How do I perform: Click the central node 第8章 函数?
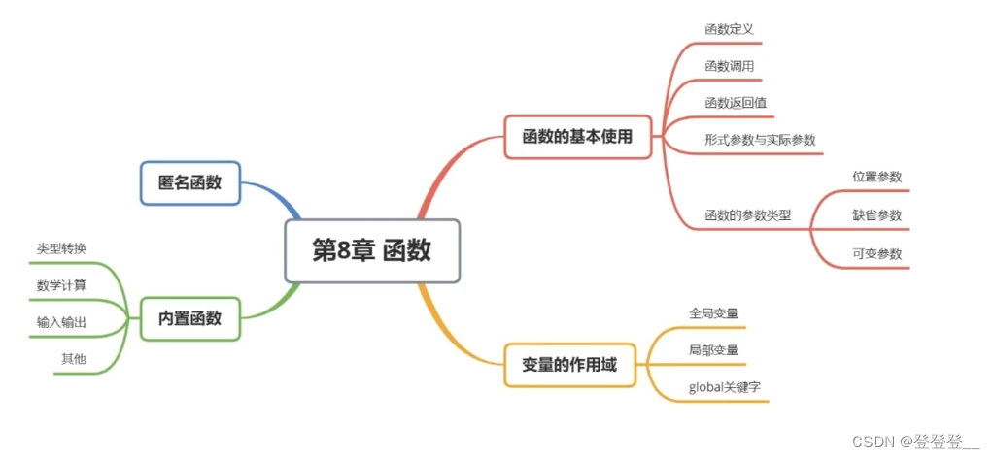click(371, 250)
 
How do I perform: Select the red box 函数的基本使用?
click(577, 137)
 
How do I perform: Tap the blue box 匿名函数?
click(189, 182)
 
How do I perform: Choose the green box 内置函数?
click(189, 317)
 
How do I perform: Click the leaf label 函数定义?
click(729, 28)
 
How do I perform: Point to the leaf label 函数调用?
click(729, 66)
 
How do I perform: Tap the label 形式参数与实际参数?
click(760, 139)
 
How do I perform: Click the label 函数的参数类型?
click(748, 214)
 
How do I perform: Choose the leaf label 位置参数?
click(876, 177)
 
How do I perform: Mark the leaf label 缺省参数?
click(876, 214)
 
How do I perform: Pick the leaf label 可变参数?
click(876, 253)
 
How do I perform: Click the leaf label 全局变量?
click(713, 312)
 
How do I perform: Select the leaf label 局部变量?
click(713, 349)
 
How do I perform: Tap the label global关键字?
click(724, 386)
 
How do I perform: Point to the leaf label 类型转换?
click(61, 248)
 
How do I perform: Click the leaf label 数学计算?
click(61, 284)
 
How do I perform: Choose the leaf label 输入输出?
click(61, 321)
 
